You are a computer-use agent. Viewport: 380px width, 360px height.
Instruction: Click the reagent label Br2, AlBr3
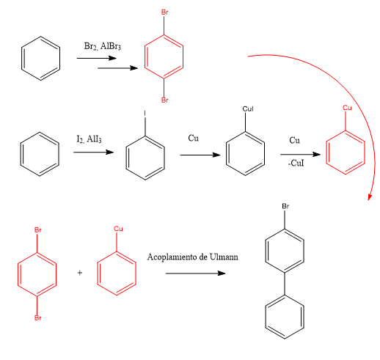point(103,46)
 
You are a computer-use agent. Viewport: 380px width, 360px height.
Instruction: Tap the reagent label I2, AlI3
point(89,139)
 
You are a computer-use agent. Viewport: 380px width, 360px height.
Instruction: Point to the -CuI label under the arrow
point(296,163)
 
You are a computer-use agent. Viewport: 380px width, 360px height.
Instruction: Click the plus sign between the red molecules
point(80,273)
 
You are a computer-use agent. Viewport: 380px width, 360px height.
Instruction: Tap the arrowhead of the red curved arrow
point(370,196)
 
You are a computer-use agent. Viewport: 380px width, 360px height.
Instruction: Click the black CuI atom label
point(248,109)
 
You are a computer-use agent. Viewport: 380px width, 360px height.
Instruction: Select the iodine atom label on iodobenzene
point(145,113)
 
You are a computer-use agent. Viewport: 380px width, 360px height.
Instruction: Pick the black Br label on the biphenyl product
point(285,206)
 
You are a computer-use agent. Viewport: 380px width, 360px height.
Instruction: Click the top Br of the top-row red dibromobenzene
point(165,12)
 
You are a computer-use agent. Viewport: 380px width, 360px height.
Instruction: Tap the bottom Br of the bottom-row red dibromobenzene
point(38,317)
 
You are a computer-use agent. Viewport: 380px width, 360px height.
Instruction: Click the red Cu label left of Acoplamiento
point(118,229)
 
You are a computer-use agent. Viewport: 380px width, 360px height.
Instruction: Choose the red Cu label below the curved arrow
point(347,108)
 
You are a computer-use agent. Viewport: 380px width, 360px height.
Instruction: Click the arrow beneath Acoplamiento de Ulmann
point(195,273)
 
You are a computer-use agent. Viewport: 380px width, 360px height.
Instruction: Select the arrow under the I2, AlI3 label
point(94,153)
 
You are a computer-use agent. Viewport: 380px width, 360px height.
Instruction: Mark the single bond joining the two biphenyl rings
point(285,284)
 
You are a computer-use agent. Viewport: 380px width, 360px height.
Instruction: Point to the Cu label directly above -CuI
point(294,140)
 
